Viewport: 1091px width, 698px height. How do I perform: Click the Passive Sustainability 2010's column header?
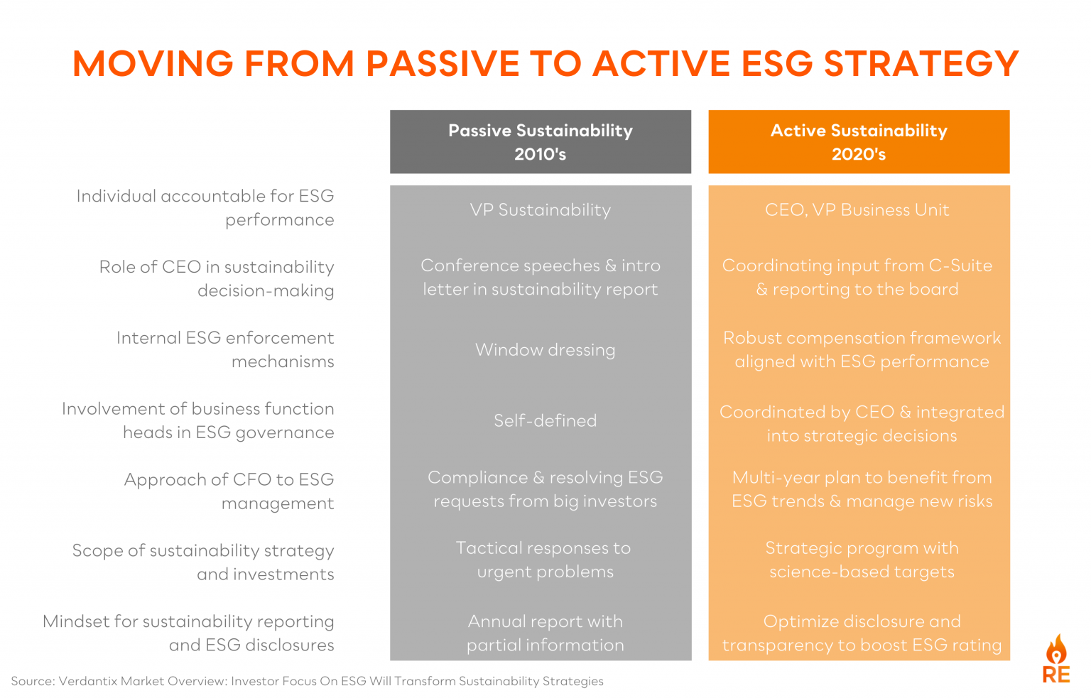[x=540, y=142]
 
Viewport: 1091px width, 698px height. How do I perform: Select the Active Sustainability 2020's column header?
[x=859, y=142]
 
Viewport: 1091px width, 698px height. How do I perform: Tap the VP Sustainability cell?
[x=540, y=210]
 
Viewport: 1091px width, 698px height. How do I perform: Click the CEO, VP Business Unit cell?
[x=857, y=210]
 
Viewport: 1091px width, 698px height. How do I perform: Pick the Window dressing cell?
[x=545, y=350]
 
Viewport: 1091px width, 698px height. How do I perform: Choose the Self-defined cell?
[x=545, y=420]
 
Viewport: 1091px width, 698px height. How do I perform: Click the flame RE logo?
[x=1056, y=660]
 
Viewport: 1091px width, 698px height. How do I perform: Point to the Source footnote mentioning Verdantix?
[x=307, y=681]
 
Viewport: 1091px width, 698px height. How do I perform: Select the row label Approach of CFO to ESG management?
[x=229, y=491]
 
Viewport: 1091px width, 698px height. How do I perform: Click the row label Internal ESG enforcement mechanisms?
[x=225, y=349]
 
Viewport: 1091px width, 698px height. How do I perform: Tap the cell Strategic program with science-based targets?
[x=862, y=560]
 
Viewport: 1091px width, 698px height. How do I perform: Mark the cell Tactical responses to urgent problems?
[x=544, y=560]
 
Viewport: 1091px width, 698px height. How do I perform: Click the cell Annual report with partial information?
[x=545, y=633]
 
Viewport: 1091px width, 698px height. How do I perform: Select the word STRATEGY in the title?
[x=921, y=64]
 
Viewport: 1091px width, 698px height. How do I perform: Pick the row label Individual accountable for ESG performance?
[x=205, y=207]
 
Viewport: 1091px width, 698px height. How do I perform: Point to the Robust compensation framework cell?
[x=862, y=349]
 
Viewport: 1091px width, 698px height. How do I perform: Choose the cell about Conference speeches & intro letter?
[x=541, y=277]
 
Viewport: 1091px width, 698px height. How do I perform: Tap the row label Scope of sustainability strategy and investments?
[x=203, y=562]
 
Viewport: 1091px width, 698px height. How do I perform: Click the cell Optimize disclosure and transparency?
[x=862, y=633]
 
